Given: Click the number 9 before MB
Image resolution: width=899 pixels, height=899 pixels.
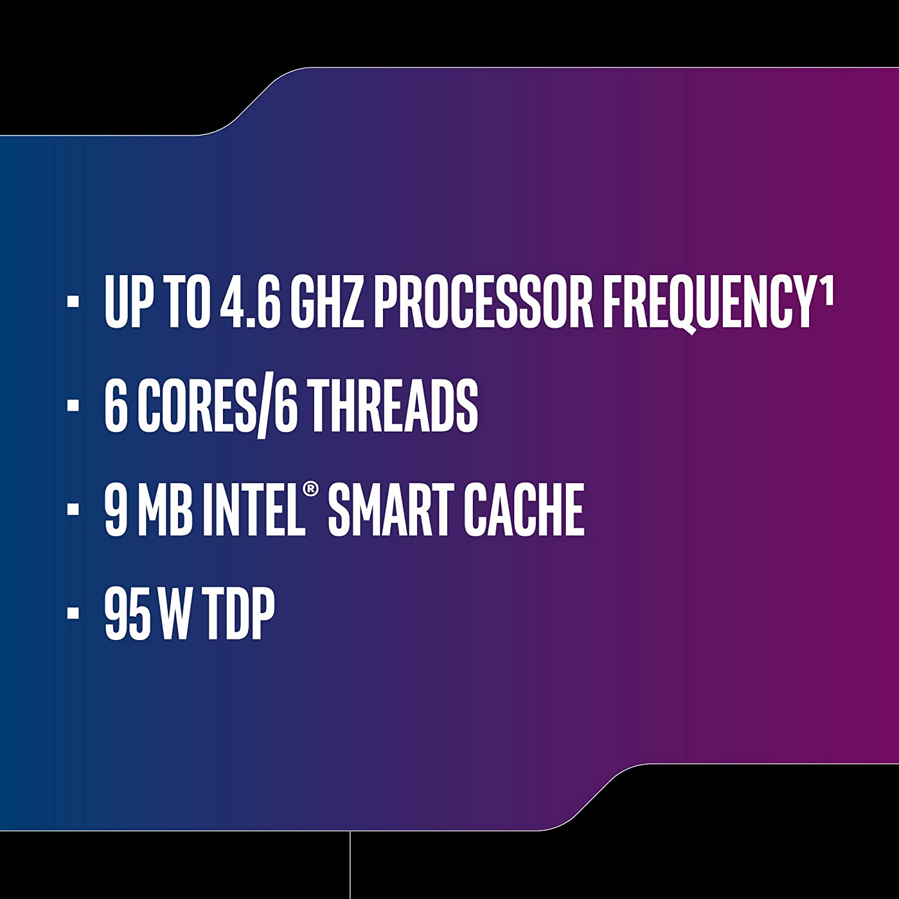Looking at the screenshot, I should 116,509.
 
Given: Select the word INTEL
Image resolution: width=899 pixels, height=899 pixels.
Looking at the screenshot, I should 252,509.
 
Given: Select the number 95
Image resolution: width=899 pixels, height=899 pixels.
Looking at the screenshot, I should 128,613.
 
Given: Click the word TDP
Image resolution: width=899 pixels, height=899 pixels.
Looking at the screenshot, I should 239,613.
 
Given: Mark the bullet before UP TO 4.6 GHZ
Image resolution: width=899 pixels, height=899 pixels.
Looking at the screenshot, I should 73,301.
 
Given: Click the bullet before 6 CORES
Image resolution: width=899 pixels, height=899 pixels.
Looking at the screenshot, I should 73,405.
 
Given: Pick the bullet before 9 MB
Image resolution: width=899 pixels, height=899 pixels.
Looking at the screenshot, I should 73,509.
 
